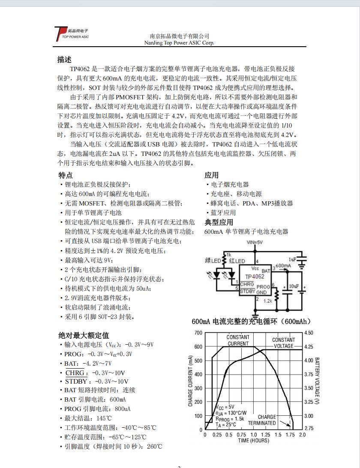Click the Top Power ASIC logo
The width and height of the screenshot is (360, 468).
[x=71, y=34]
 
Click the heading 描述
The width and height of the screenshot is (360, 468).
[x=64, y=60]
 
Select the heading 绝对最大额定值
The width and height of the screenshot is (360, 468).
[x=84, y=335]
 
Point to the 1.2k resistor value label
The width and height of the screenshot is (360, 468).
[x=268, y=301]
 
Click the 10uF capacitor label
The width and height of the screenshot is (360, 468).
[x=294, y=286]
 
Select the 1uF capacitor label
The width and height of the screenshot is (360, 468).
[x=292, y=259]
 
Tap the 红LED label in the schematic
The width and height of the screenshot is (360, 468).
[x=237, y=261]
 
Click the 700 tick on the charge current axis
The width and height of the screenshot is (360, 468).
[x=198, y=333]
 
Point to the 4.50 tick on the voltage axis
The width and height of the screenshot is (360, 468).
[x=308, y=333]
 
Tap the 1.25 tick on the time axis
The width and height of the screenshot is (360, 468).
[x=266, y=435]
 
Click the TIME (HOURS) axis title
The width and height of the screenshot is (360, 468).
[x=254, y=441]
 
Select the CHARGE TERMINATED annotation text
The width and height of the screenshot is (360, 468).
[x=262, y=420]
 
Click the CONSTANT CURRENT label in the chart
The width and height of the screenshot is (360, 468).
[x=238, y=340]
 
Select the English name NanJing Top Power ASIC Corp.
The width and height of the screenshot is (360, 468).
[x=179, y=43]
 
